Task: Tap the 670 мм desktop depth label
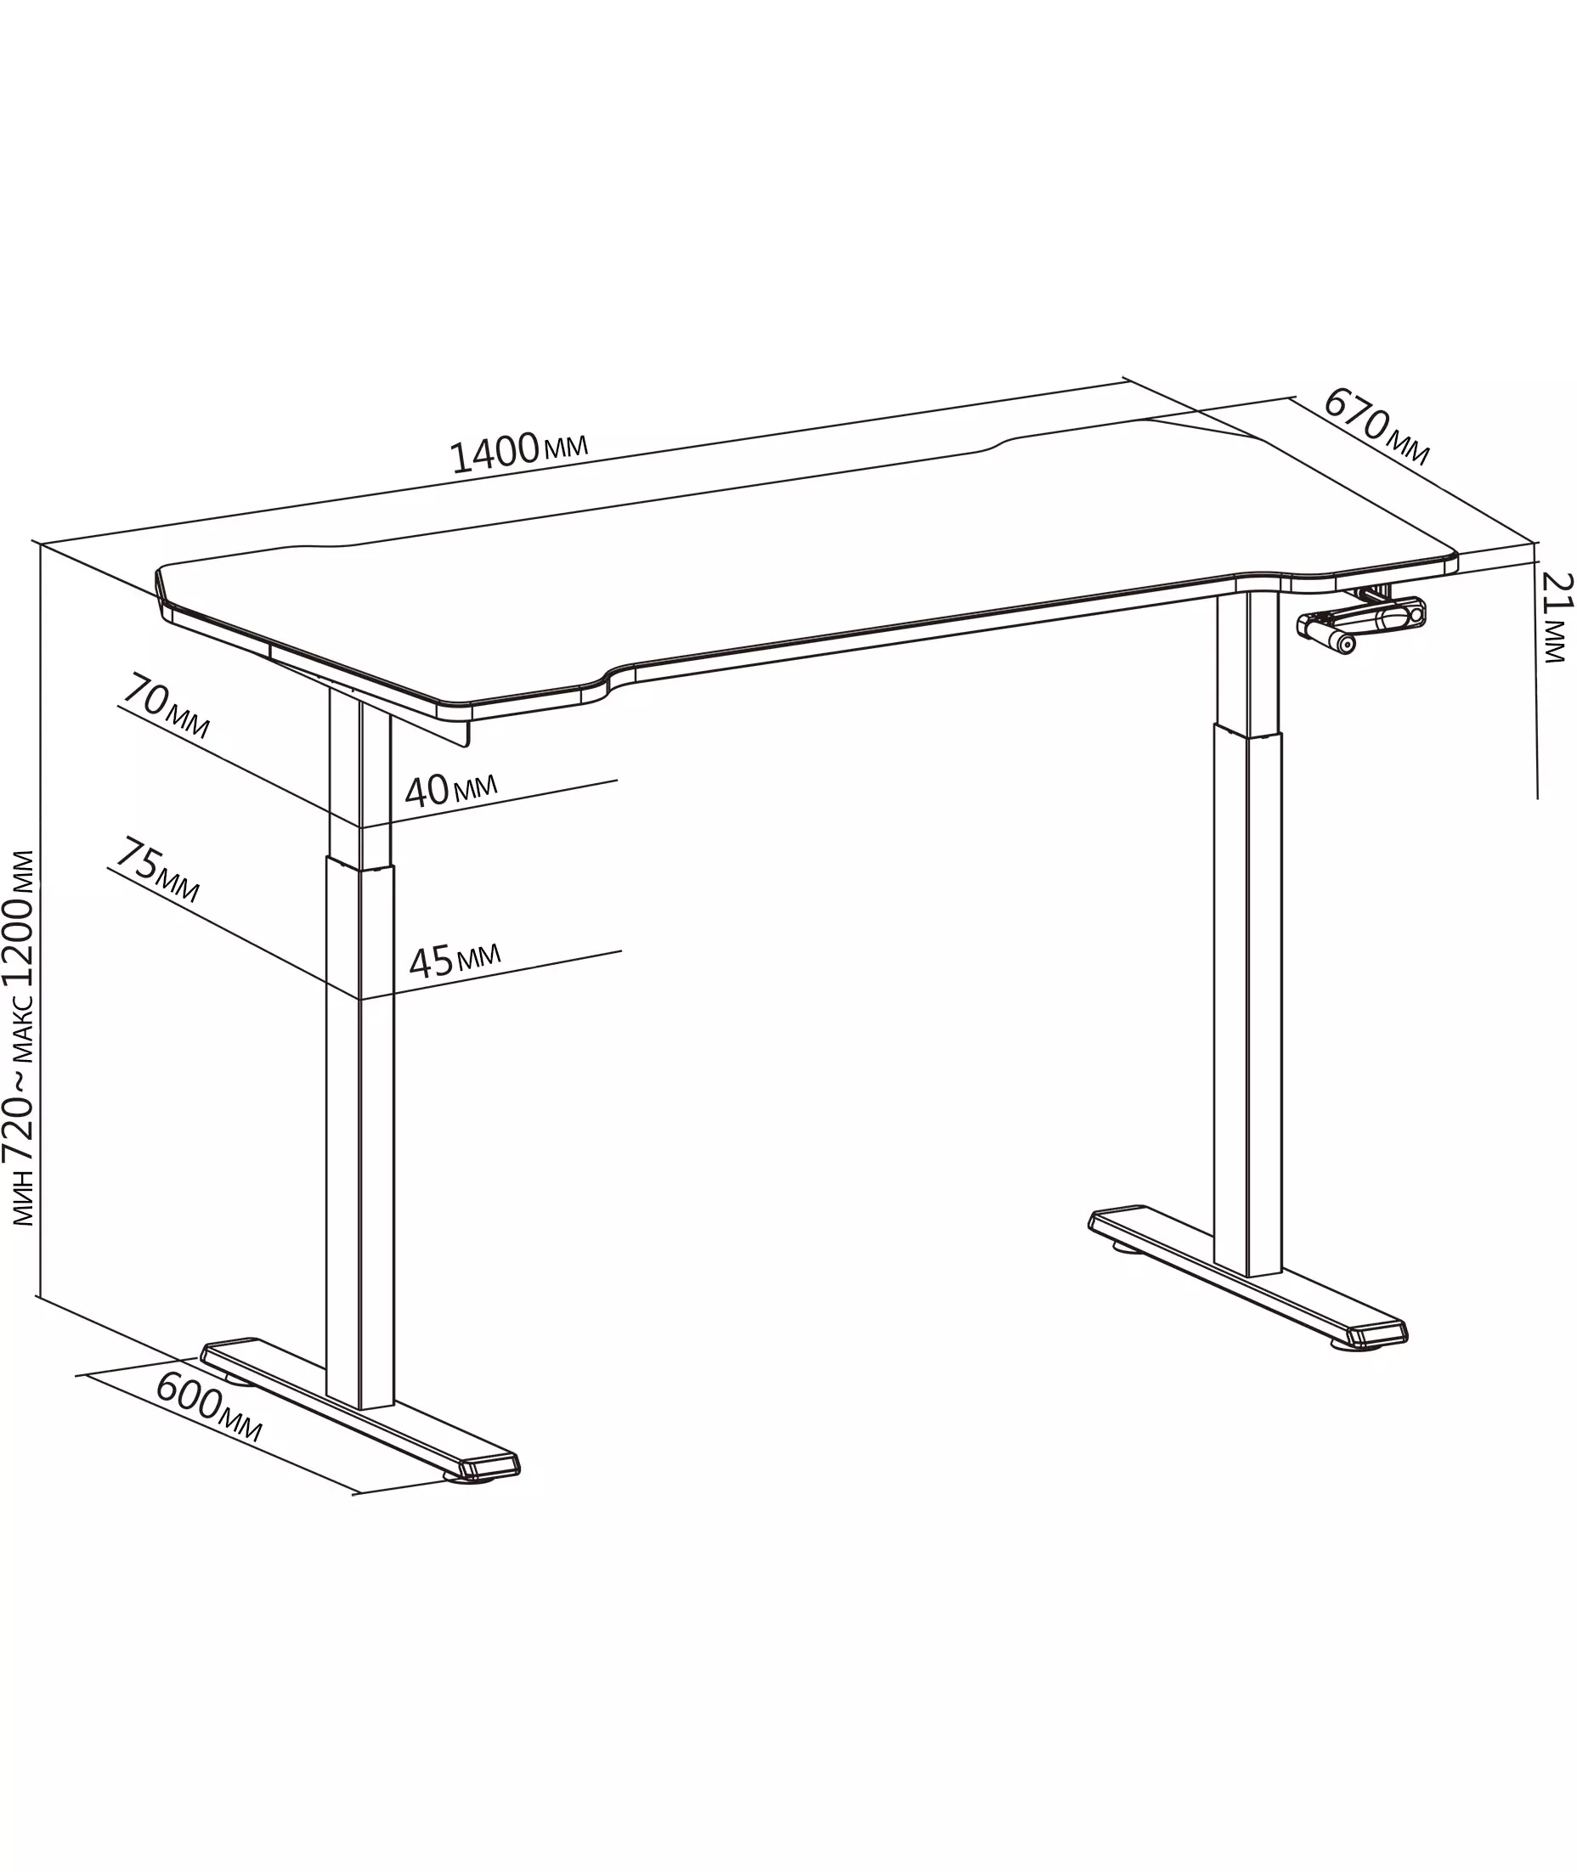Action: point(1376,426)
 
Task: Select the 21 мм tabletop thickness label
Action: point(1557,617)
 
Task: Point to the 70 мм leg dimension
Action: point(167,707)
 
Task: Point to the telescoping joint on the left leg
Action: point(359,862)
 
